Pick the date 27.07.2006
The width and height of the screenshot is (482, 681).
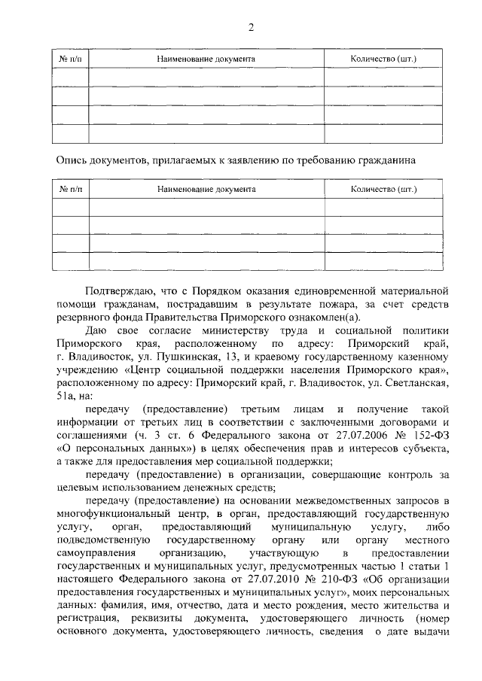pos(337,439)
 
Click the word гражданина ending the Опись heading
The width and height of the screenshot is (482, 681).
pos(383,160)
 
